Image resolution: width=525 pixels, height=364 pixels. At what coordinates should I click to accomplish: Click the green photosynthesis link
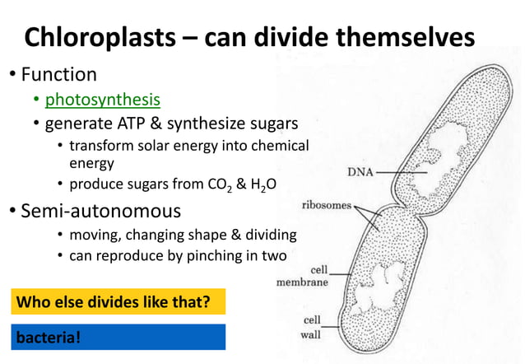(102, 100)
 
